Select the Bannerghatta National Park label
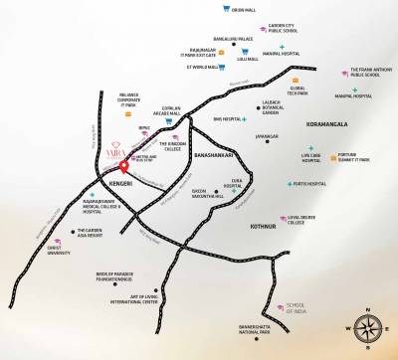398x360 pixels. [x=253, y=324]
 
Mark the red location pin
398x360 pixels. [x=123, y=165]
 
